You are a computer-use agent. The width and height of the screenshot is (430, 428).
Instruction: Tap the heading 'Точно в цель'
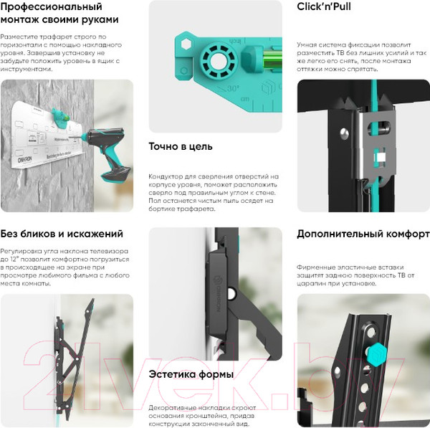click(x=181, y=146)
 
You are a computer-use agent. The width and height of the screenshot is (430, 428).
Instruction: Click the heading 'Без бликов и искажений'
click(x=62, y=234)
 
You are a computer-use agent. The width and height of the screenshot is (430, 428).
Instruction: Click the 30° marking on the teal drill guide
click(x=232, y=88)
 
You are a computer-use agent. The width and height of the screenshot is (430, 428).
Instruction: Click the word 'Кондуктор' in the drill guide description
click(x=168, y=176)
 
